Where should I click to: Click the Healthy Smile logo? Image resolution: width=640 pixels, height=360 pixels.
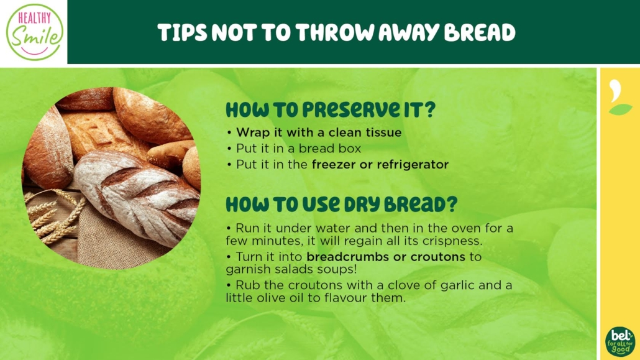35,32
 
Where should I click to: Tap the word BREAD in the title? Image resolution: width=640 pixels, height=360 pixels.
480,32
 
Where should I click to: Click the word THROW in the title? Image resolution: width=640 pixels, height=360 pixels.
335,32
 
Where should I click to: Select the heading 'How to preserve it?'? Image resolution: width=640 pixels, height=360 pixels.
331,109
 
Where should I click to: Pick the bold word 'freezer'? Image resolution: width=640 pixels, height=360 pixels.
334,165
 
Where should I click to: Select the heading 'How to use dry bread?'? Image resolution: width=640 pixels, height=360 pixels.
341,205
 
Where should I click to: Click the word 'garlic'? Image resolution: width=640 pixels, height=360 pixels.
458,285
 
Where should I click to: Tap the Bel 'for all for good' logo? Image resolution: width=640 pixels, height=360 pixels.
620,341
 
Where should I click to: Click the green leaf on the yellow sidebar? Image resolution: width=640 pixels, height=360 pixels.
620,109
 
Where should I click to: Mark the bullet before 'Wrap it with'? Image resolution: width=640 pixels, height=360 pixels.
229,132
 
